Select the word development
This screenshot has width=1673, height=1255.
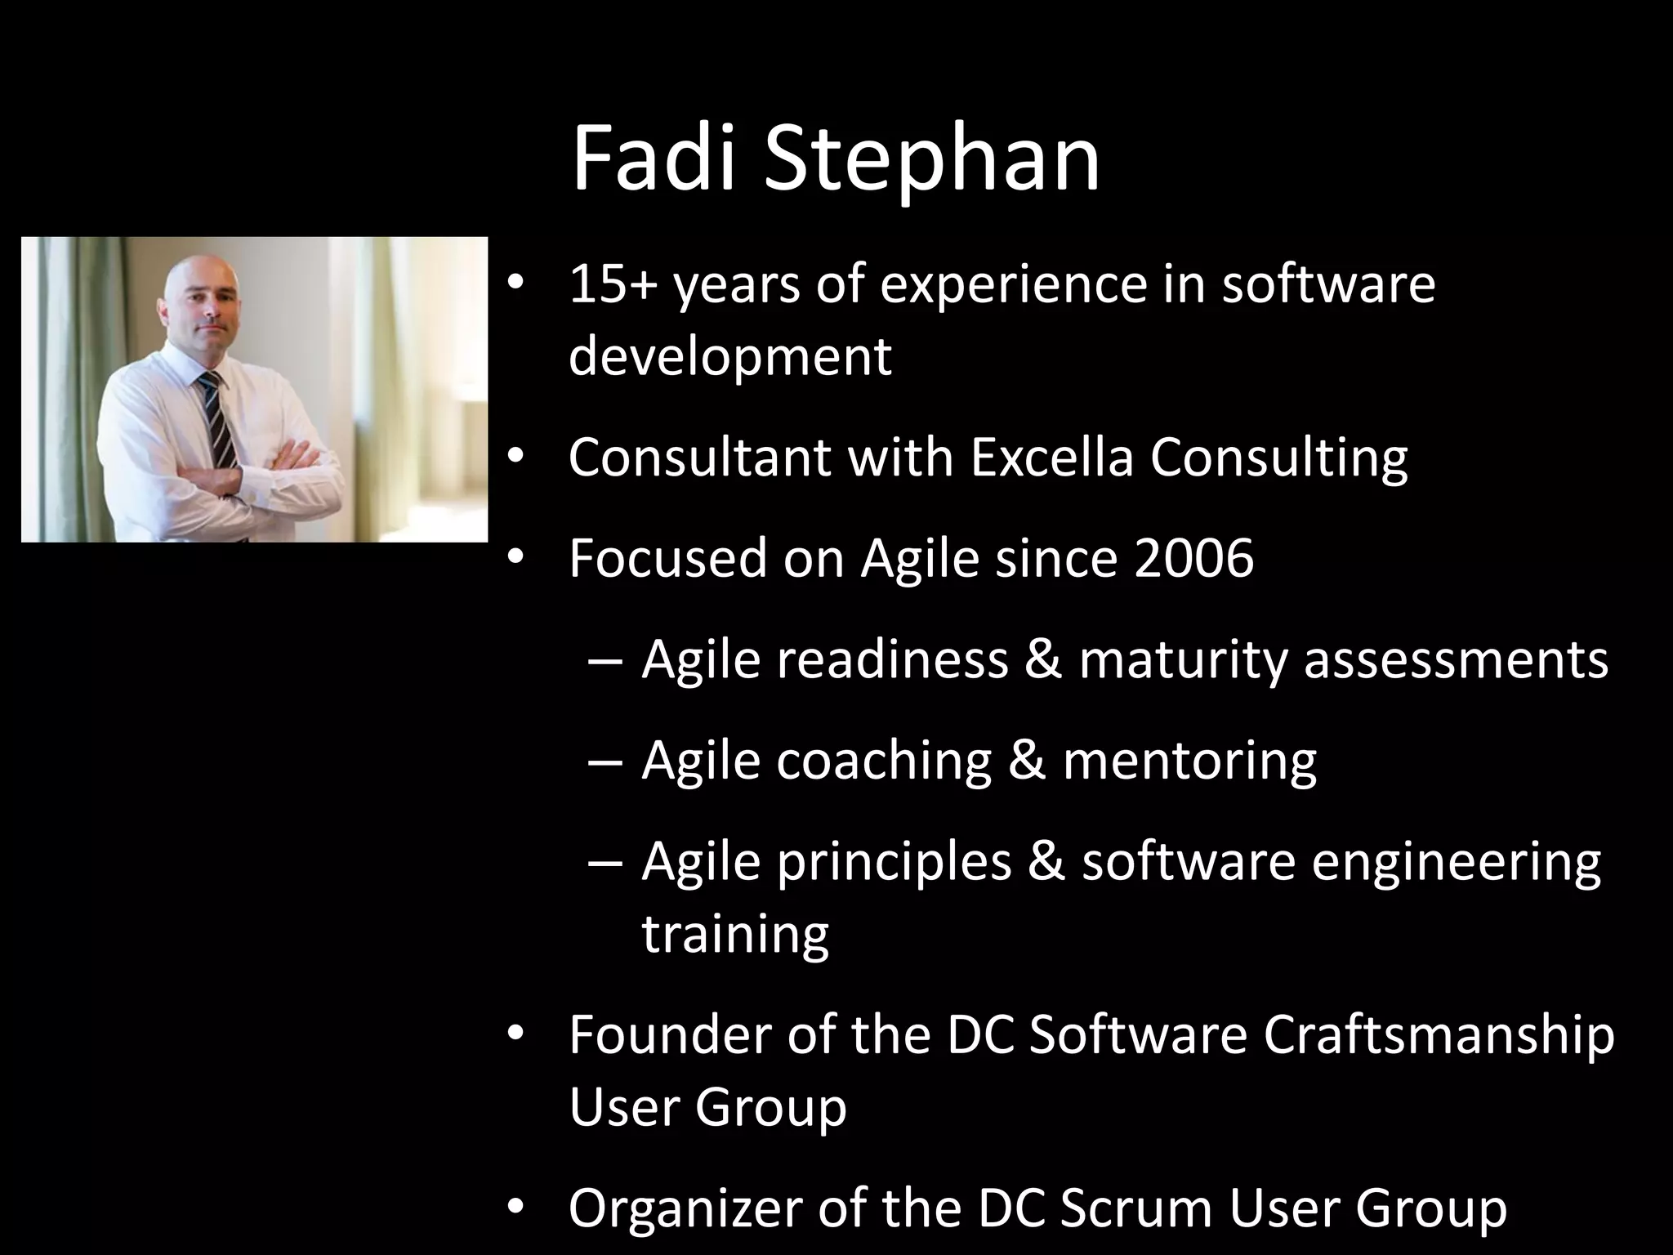click(729, 356)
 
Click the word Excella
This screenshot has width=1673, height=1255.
click(1052, 457)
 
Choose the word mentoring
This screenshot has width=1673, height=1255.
click(1189, 760)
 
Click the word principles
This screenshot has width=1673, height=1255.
click(894, 861)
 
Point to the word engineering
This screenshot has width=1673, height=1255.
click(1456, 861)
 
